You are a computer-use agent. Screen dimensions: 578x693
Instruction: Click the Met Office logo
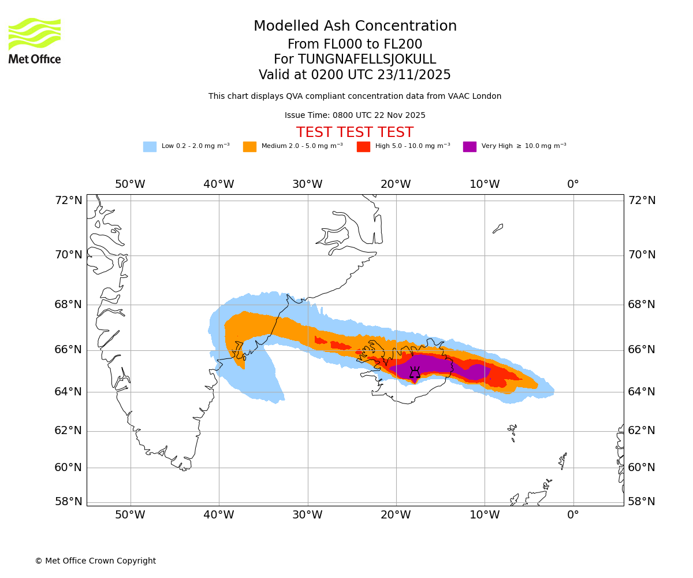click(x=35, y=40)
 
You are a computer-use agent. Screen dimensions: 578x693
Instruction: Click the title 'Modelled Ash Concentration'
click(x=355, y=26)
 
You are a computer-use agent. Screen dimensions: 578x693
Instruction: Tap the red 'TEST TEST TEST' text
click(x=355, y=132)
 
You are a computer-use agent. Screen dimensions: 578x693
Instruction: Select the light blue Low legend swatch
click(x=150, y=146)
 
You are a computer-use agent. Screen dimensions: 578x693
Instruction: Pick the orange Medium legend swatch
click(x=249, y=146)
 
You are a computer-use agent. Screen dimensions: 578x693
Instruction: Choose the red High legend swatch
click(x=363, y=146)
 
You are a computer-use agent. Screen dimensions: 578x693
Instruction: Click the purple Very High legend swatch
click(x=470, y=146)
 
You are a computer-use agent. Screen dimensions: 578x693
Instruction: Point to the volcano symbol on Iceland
click(x=415, y=373)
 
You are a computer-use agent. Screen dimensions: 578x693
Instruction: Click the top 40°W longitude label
click(x=219, y=184)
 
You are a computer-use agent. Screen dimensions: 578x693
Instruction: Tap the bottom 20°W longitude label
click(x=396, y=515)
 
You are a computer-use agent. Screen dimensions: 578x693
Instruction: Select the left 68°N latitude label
click(x=69, y=305)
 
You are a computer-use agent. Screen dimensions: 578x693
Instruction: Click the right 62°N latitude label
click(x=642, y=431)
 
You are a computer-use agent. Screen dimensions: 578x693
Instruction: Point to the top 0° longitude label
click(x=573, y=184)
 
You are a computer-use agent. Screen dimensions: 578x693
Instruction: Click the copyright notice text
click(x=95, y=561)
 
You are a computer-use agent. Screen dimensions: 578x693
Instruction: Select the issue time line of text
click(x=355, y=115)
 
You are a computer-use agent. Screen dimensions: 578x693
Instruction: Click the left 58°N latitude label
click(x=69, y=502)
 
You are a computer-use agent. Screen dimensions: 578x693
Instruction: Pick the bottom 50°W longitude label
click(x=130, y=515)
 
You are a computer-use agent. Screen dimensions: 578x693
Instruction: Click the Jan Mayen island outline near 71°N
click(x=498, y=228)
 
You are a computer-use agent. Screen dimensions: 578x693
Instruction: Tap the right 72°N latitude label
click(x=642, y=201)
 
